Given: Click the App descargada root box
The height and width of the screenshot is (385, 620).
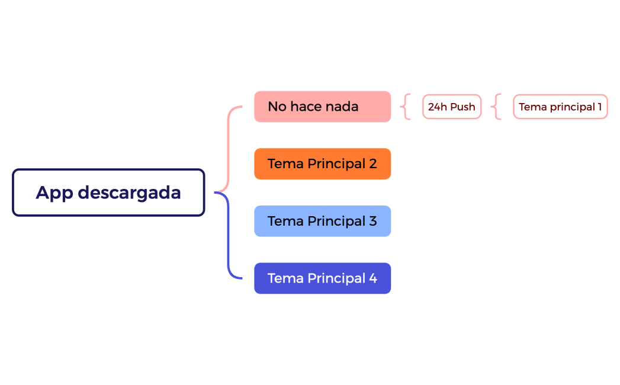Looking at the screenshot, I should pos(108,192).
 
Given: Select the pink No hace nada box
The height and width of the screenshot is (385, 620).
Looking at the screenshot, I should pos(322,107).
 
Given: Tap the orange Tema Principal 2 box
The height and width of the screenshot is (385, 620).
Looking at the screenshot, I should pos(322,163).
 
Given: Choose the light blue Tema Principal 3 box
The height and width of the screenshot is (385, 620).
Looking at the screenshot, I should pos(322,221).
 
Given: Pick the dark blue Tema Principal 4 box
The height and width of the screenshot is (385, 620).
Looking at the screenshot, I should pos(322,278).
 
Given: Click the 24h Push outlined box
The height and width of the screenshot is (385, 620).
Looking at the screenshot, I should pos(452,107).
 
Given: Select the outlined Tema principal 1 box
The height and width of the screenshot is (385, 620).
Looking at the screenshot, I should pos(560,107).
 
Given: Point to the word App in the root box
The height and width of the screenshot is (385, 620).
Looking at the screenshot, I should pos(54,193).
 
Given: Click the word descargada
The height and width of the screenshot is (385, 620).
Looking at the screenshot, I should pos(129,193).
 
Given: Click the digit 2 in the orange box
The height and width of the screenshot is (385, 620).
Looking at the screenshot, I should pos(372,163).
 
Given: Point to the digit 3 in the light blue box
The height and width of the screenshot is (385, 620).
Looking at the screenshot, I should pos(372,221).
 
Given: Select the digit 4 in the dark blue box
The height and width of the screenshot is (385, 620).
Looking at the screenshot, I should pos(373,278).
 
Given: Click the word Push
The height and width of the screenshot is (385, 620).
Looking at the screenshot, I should pos(462,107).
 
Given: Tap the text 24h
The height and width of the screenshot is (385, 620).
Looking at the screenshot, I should pos(438,107).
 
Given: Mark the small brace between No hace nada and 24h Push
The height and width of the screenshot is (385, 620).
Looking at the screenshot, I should pos(405,107).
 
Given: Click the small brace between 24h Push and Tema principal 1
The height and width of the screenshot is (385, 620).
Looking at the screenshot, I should pos(496,107).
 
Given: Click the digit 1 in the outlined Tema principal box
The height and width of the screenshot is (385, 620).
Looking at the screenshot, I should pos(599,107).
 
